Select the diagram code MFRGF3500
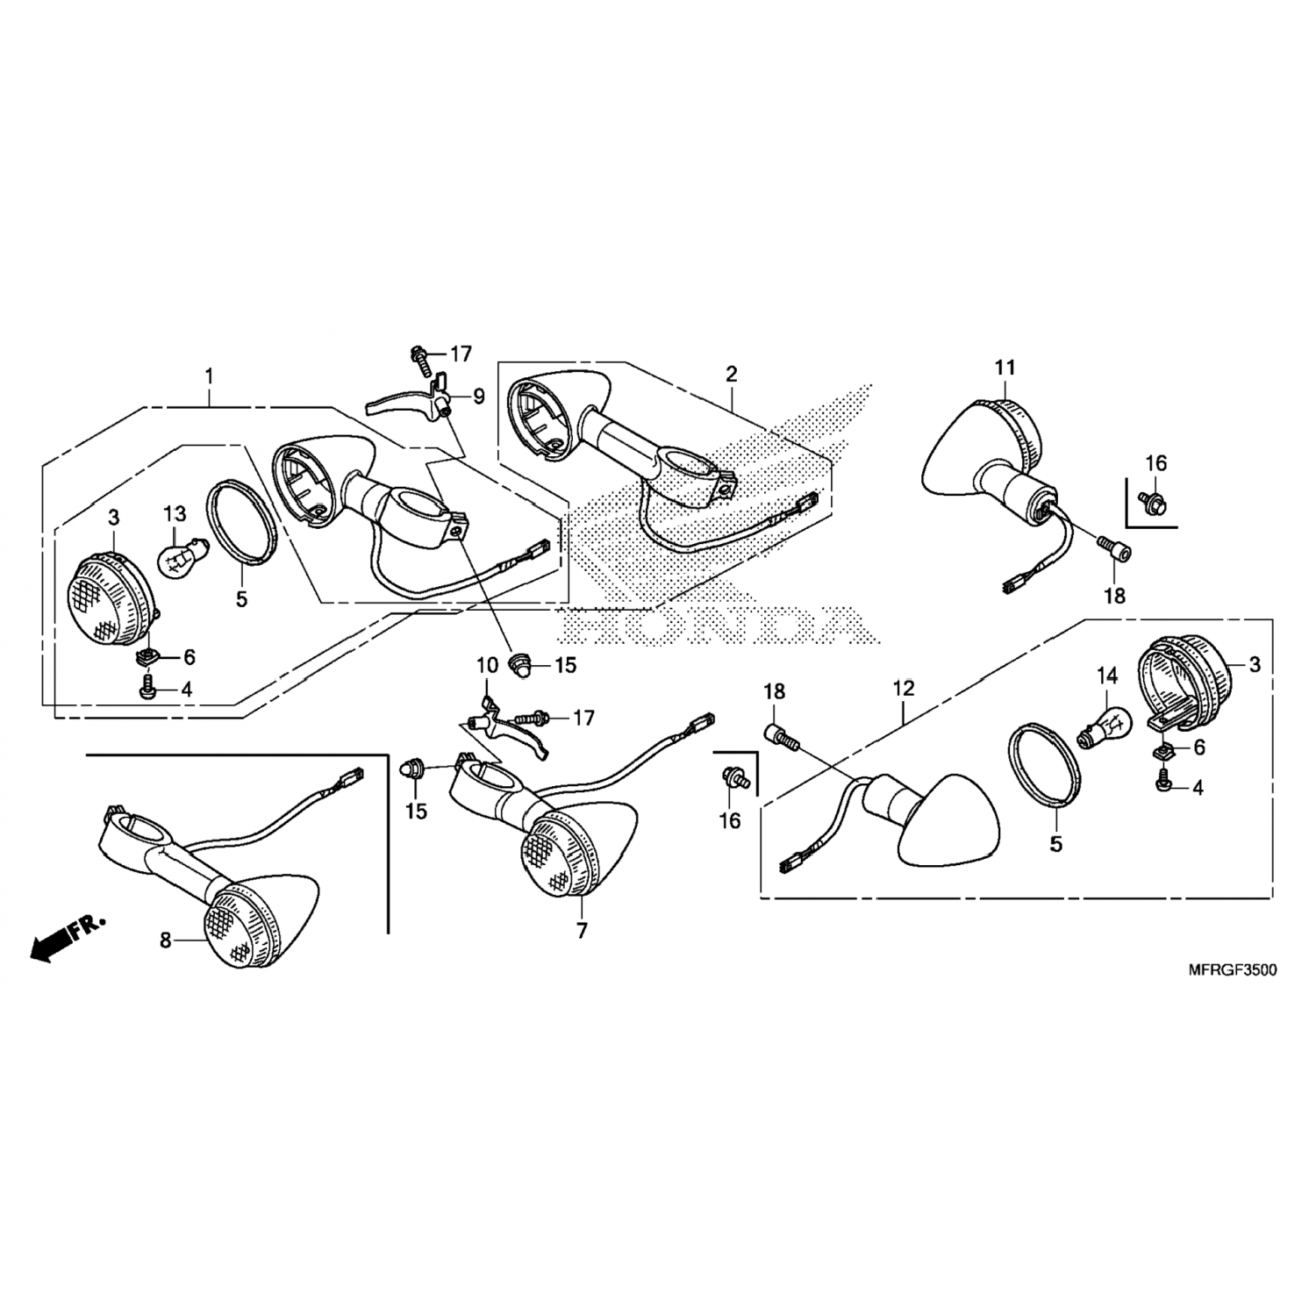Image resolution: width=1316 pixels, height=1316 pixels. pyautogui.click(x=1232, y=970)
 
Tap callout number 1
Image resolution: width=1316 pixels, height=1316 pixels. pyautogui.click(x=209, y=376)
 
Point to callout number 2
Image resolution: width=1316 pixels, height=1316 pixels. pyautogui.click(x=731, y=375)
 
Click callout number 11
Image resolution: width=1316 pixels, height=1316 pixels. pyautogui.click(x=1005, y=368)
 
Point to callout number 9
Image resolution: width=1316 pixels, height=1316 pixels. pyautogui.click(x=478, y=397)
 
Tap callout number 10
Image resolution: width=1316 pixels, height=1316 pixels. pyautogui.click(x=487, y=667)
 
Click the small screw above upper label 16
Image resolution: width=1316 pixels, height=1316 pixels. pyautogui.click(x=1150, y=500)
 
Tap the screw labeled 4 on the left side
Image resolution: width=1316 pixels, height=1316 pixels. pyautogui.click(x=147, y=690)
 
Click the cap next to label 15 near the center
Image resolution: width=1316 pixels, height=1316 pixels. pyautogui.click(x=520, y=667)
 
